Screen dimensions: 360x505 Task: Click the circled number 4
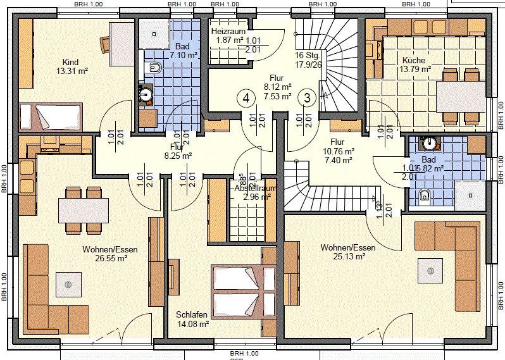pyautogui.click(x=246, y=98)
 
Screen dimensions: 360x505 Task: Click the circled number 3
pyautogui.click(x=307, y=98)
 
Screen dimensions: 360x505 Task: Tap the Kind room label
pyautogui.click(x=70, y=62)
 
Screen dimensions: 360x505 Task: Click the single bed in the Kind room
pyautogui.click(x=51, y=117)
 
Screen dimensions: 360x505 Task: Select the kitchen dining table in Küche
pyautogui.click(x=461, y=97)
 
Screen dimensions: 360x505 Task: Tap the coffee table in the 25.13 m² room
pyautogui.click(x=430, y=270)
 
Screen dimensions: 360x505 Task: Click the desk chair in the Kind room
pyautogui.click(x=106, y=44)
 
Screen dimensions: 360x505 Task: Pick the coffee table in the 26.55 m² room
pyautogui.click(x=68, y=284)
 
